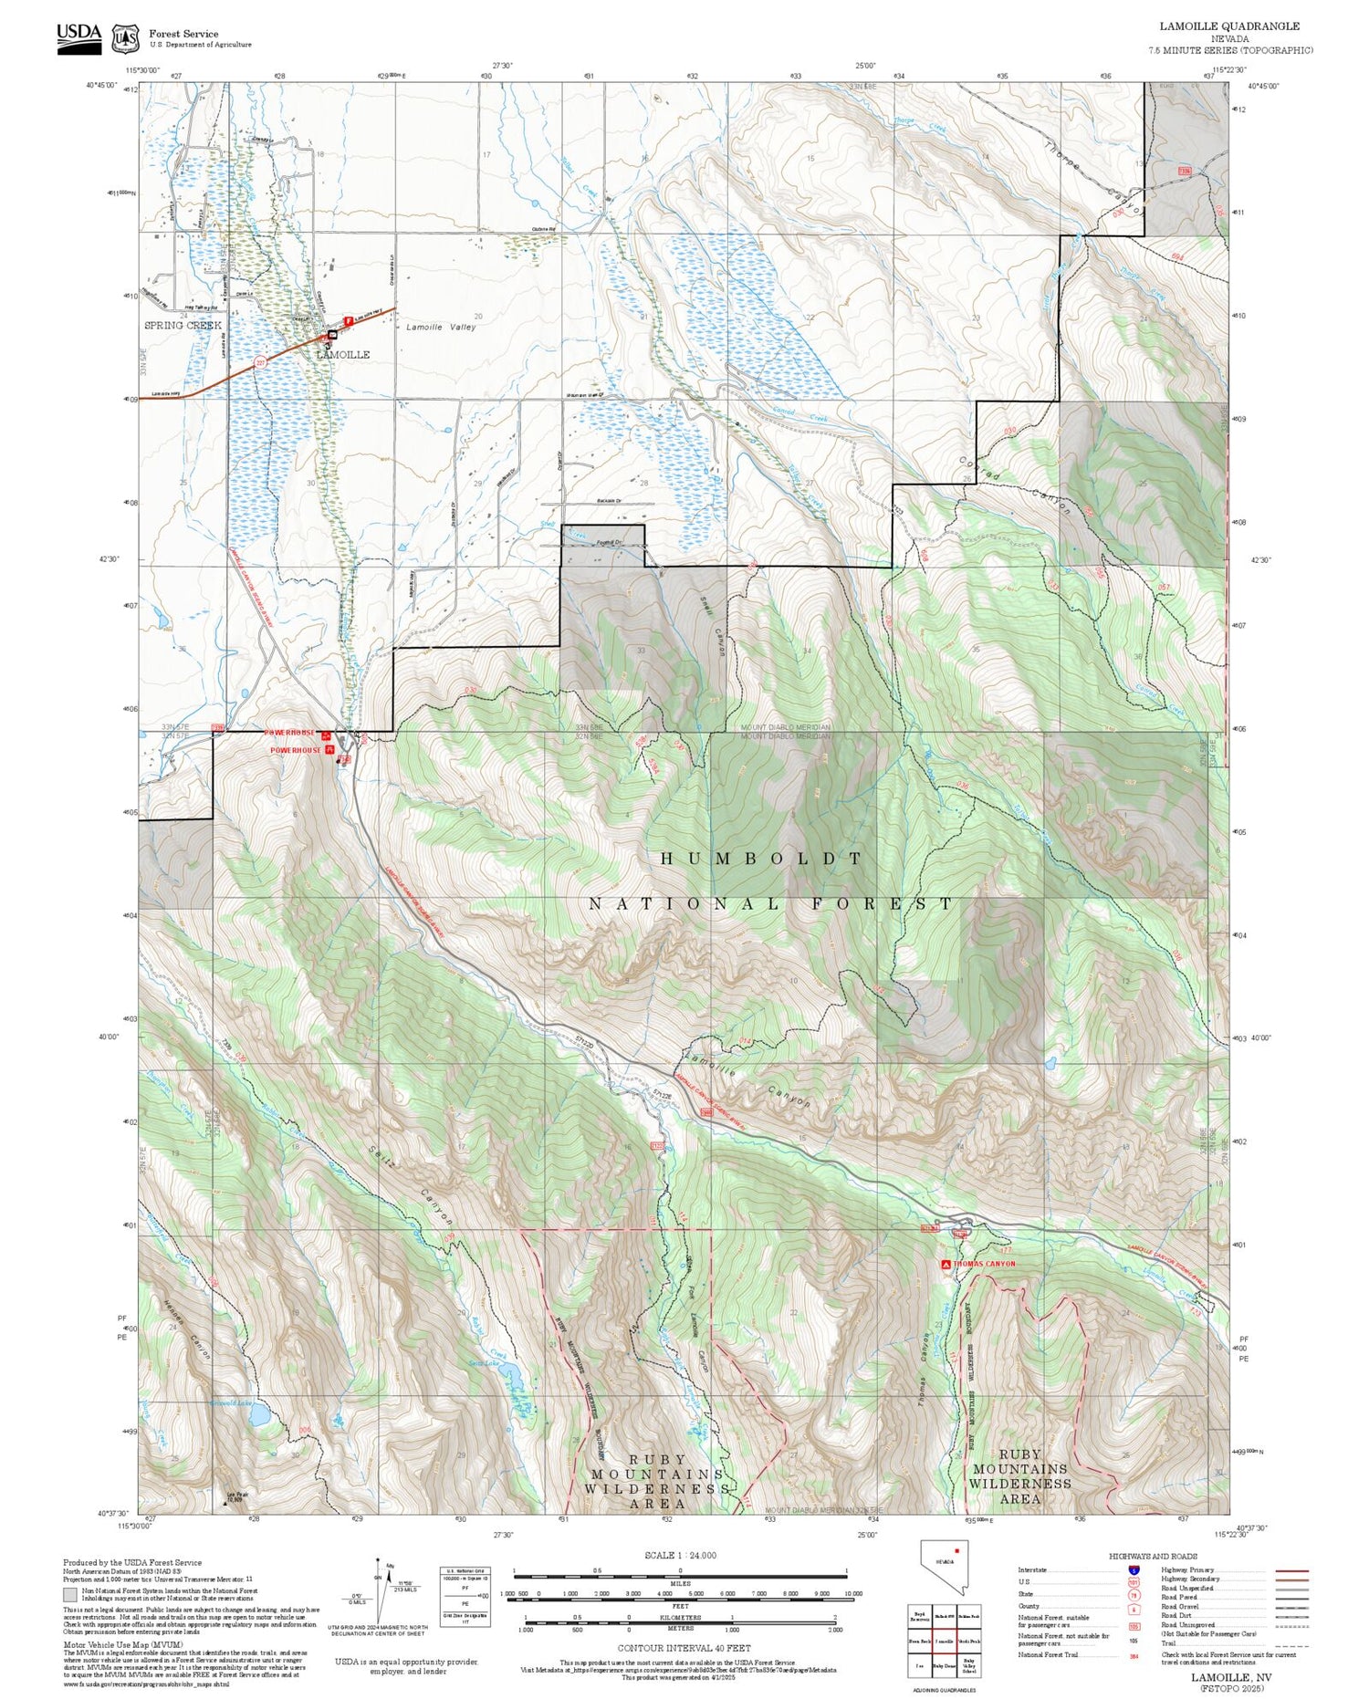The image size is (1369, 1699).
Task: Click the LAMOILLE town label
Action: pyautogui.click(x=343, y=354)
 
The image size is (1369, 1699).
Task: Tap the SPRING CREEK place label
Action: pyautogui.click(x=183, y=325)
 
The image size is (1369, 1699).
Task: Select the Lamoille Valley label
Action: pyautogui.click(x=441, y=327)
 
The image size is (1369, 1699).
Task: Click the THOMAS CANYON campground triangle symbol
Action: pyautogui.click(x=946, y=1264)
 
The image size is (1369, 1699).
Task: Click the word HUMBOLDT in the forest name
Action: pyautogui.click(x=761, y=859)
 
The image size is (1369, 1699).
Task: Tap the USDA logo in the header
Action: pyautogui.click(x=78, y=36)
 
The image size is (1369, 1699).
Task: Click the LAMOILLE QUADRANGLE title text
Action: pyautogui.click(x=1229, y=26)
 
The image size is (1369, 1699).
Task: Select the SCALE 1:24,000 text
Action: pyautogui.click(x=680, y=1555)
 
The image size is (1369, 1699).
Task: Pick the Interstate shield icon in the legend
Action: pyautogui.click(x=1134, y=1569)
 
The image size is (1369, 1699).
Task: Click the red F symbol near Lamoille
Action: pyautogui.click(x=349, y=321)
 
